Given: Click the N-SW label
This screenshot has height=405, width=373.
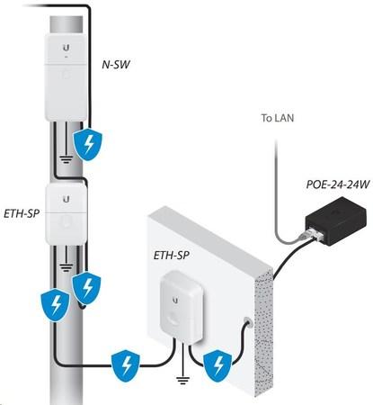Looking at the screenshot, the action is pyautogui.click(x=116, y=65).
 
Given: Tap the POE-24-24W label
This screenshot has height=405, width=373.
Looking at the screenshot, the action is pyautogui.click(x=338, y=184).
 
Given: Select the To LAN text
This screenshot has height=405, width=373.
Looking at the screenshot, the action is pyautogui.click(x=278, y=118).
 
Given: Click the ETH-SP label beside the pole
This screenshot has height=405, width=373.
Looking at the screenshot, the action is pyautogui.click(x=22, y=213).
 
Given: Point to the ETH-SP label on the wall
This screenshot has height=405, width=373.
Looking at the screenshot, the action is pyautogui.click(x=172, y=256).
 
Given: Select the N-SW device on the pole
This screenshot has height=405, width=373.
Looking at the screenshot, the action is pyautogui.click(x=66, y=77).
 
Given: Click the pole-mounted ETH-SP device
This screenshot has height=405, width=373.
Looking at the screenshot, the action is pyautogui.click(x=66, y=213).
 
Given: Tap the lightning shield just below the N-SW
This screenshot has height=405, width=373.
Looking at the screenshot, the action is pyautogui.click(x=88, y=144).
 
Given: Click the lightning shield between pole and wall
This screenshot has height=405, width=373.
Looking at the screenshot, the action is pyautogui.click(x=126, y=367).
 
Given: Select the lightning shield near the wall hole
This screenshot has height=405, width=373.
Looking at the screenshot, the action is pyautogui.click(x=218, y=366).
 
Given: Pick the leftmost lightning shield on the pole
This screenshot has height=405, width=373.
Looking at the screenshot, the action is pyautogui.click(x=56, y=304).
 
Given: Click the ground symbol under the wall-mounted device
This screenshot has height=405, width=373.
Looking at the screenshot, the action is pyautogui.click(x=182, y=380).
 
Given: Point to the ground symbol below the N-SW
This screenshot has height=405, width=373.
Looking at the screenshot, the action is pyautogui.click(x=67, y=158).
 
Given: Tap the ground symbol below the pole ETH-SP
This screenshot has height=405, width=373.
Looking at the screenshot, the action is pyautogui.click(x=66, y=265).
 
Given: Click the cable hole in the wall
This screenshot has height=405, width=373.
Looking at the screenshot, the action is pyautogui.click(x=248, y=321).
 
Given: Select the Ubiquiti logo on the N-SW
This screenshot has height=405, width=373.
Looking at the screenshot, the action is pyautogui.click(x=67, y=48).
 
